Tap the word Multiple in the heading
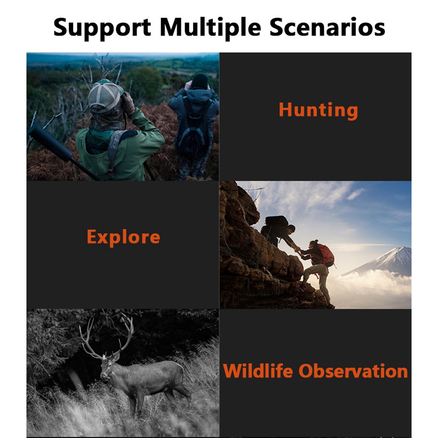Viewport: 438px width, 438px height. coord(210,28)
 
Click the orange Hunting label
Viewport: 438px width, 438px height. coord(318,110)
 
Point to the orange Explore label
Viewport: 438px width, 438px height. coord(123,238)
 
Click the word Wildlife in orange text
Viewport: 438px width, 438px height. coord(258,371)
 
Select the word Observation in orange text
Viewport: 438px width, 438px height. coord(353,371)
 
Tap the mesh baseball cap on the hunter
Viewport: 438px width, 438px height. coord(105,95)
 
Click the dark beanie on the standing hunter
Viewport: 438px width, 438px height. coord(200,81)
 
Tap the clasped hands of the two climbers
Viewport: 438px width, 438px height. coord(298,249)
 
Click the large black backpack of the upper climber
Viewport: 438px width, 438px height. coord(276,221)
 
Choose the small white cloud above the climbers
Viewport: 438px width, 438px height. coord(356,193)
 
